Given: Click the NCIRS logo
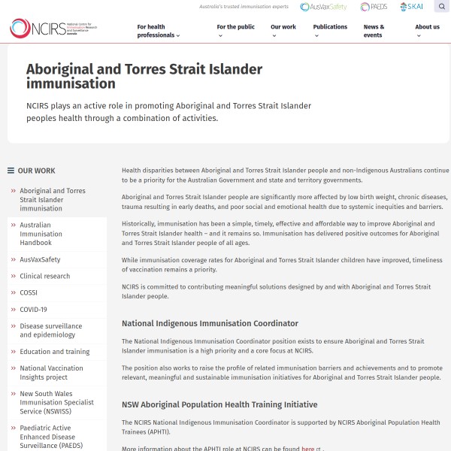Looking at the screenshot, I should (x=53, y=29).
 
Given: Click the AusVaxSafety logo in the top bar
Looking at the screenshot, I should (x=323, y=7).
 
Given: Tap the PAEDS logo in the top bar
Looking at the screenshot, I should (x=374, y=7).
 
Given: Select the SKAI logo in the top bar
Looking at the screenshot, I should (x=411, y=7).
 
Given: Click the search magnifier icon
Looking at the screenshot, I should (x=442, y=7).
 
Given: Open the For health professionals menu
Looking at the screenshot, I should (x=158, y=31).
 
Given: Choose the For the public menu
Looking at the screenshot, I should (x=235, y=31).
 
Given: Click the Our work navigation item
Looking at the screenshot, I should (x=283, y=31).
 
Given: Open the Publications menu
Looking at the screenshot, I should (x=330, y=31).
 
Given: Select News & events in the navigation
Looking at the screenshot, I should (x=374, y=31).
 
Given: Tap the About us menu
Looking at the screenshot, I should (x=428, y=31).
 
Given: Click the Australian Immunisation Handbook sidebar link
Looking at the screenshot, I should (x=41, y=234).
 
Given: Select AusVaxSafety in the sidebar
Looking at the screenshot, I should (x=41, y=259).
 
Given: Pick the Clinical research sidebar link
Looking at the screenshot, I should (x=45, y=276).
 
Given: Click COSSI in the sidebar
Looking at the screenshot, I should (x=29, y=292).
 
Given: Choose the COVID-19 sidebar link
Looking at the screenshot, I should (x=33, y=309).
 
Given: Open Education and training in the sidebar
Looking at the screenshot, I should (x=55, y=352).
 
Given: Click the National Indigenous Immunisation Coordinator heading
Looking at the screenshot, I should (x=210, y=323).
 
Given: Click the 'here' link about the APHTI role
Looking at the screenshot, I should (x=308, y=449).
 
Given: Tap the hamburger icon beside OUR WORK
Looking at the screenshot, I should (x=11, y=171).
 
